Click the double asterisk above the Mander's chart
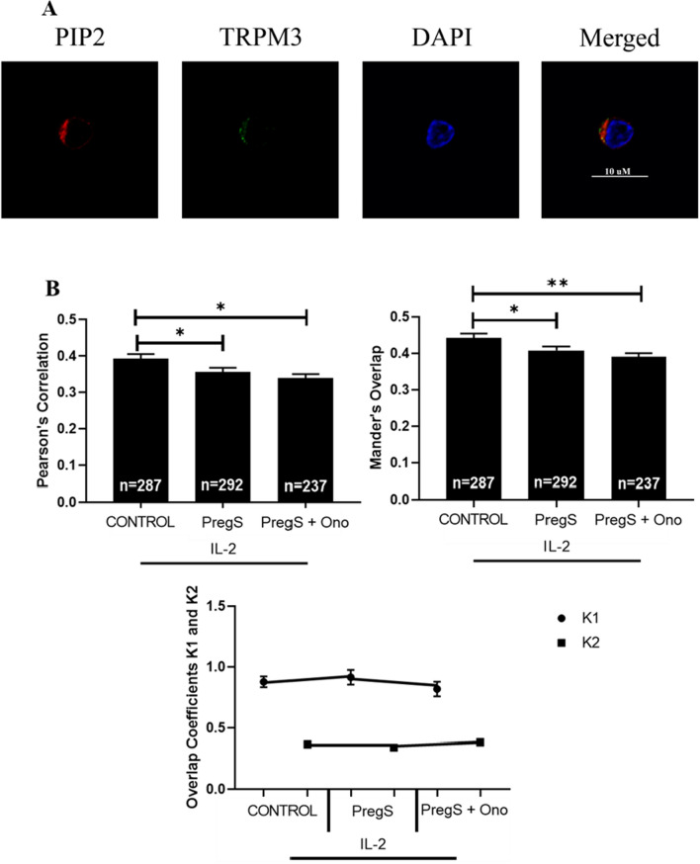[560, 282]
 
